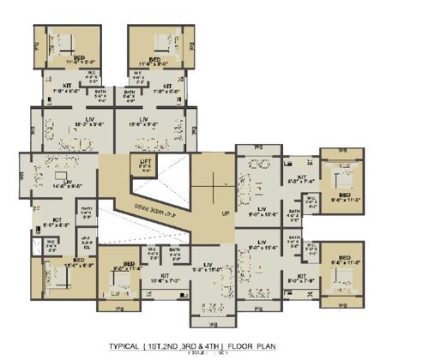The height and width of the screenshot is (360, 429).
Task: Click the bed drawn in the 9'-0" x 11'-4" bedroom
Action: tap(118, 287)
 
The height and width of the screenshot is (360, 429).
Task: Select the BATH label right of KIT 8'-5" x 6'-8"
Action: tap(86, 211)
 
